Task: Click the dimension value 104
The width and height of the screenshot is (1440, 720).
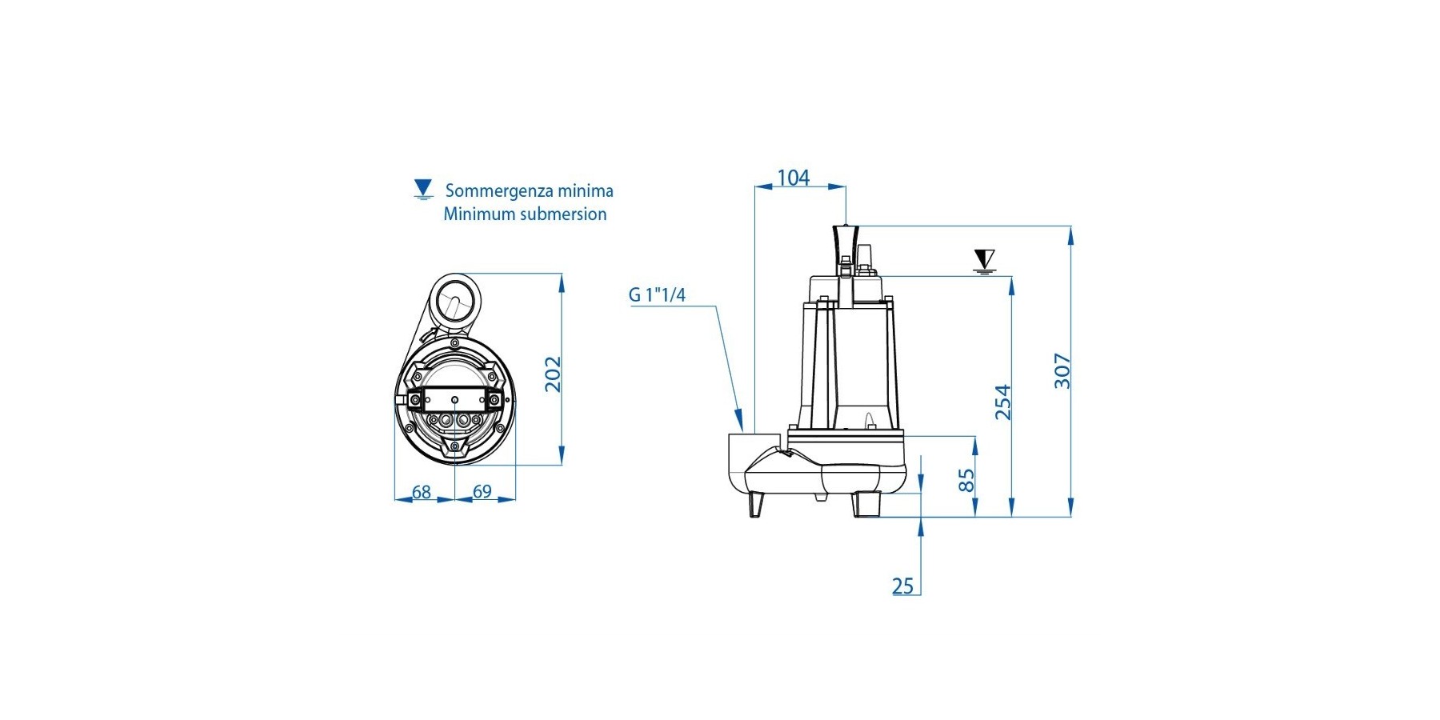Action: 794,178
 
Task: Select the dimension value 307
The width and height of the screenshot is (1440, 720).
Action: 1062,370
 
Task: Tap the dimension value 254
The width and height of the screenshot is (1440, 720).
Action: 1002,402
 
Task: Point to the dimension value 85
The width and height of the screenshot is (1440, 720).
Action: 966,480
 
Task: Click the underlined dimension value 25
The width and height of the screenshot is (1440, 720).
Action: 902,586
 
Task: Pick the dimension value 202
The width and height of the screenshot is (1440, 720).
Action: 553,374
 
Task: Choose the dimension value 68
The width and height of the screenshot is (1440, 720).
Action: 422,492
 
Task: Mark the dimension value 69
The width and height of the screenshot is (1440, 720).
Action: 482,491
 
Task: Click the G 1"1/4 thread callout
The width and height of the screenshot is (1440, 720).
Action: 657,295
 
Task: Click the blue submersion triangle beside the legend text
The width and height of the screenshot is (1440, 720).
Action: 423,189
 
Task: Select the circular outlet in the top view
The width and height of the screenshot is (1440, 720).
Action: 455,302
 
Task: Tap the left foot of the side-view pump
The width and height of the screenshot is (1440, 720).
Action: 756,505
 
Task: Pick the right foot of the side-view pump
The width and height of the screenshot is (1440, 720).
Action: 866,505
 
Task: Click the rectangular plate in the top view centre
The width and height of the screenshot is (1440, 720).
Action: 454,399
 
